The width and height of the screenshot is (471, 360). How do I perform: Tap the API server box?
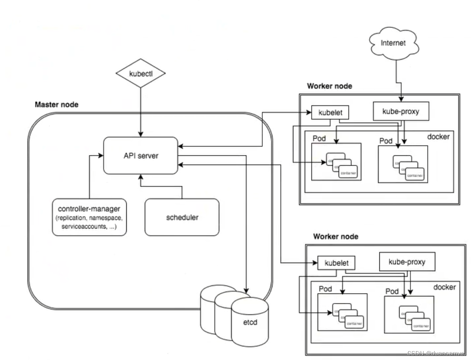coord(140,155)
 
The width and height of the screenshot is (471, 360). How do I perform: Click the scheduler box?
coord(182,217)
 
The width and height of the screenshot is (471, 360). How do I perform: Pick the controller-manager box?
coord(89,217)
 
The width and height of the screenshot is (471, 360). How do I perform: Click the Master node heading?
coord(57,105)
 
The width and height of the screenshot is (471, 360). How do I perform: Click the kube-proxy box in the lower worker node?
coord(407,263)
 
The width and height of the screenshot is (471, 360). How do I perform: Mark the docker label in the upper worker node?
coord(439,137)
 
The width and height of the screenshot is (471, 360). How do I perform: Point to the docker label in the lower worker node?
coord(445,287)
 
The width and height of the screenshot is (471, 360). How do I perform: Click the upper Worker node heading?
coord(329,86)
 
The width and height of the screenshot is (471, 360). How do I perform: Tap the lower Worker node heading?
coord(335,237)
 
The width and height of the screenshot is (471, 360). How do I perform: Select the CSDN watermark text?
coord(436,353)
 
